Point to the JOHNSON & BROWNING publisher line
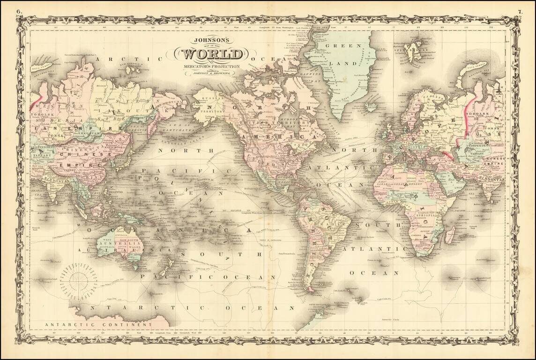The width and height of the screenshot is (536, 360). point(209,74)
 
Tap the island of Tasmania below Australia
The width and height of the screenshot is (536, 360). point(136,268)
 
